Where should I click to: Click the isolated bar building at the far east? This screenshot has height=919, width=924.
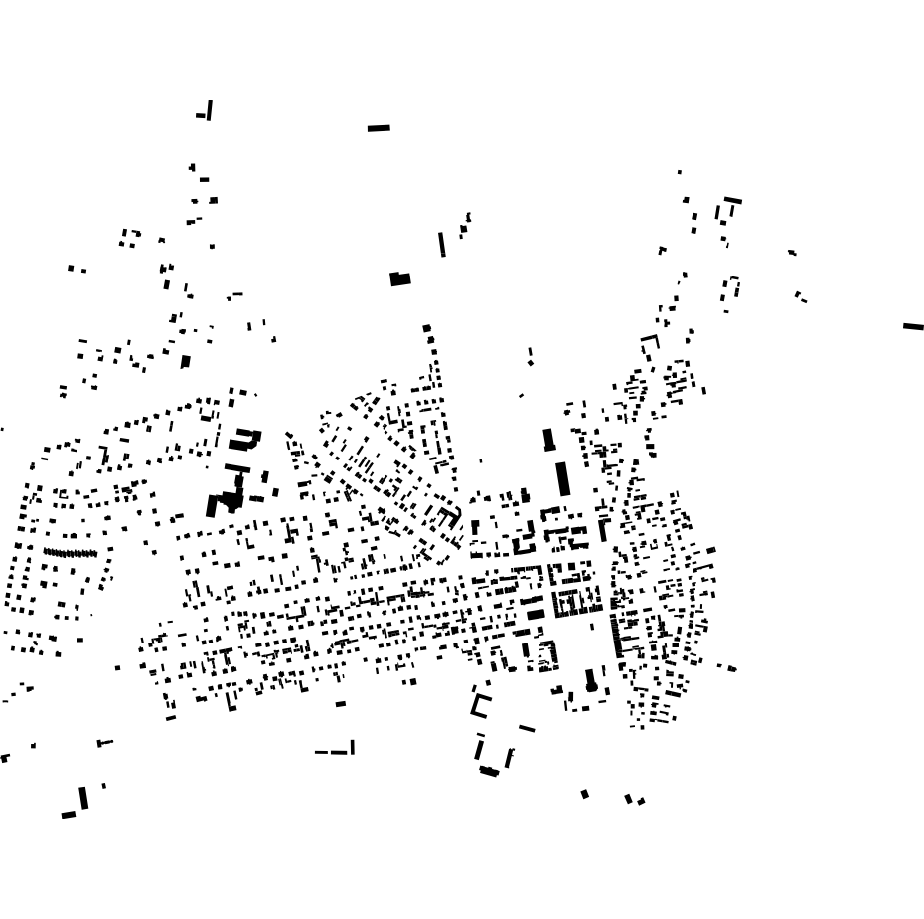913,326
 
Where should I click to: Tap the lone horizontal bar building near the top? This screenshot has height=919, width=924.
379,128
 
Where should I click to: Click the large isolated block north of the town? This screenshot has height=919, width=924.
400,279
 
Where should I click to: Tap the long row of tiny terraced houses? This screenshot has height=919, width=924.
70,553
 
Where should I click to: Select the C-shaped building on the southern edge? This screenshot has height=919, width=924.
481,705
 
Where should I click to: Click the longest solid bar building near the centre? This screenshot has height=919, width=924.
562,477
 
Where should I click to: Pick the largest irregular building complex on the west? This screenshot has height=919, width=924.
228,500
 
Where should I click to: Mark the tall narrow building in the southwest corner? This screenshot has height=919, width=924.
84,798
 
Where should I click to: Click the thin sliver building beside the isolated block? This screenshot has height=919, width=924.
442,245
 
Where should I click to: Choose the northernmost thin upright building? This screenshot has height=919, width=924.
210,109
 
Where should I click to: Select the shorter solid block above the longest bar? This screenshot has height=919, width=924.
548,439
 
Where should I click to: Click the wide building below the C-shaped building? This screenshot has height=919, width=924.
489,771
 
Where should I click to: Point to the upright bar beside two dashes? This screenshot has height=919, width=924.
352,747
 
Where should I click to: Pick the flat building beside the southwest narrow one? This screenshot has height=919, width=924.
68,815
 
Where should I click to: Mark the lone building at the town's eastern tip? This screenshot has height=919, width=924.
731,668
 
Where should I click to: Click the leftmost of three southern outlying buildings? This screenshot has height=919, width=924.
585,794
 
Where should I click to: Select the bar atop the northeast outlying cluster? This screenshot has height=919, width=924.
733,201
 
